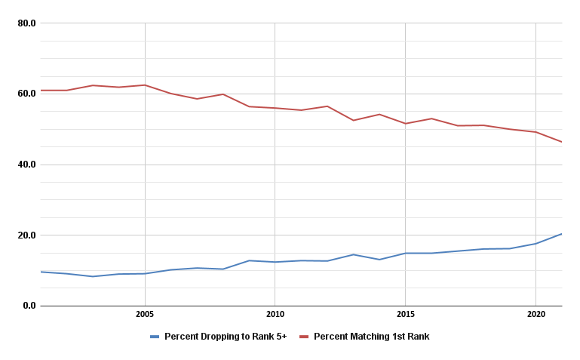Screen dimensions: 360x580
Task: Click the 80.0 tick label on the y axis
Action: coord(26,23)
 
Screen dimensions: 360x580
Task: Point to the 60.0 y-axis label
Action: coord(26,94)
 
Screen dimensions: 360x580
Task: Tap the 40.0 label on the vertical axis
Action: coord(26,165)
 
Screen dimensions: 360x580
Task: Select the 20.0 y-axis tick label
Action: coord(26,235)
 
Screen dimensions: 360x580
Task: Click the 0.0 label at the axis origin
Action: coord(29,306)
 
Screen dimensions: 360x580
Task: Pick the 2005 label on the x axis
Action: coord(145,313)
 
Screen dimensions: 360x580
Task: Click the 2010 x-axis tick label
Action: coord(275,313)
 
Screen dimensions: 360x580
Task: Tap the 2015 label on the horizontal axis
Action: coord(405,313)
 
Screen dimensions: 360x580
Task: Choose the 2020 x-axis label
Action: coord(536,313)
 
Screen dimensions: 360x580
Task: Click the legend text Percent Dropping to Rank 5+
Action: coord(226,337)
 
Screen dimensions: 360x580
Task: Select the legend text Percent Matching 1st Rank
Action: coord(371,337)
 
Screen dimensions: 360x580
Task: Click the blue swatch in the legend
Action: coord(155,337)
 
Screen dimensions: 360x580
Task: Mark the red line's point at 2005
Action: coord(145,85)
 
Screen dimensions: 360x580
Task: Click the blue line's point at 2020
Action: coord(536,244)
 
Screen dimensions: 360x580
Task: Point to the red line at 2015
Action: coord(405,124)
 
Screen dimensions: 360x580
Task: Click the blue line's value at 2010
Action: coord(275,262)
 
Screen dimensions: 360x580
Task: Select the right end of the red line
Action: coord(561,142)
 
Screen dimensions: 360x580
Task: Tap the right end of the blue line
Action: coord(561,234)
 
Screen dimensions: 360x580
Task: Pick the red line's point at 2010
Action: coord(275,108)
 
